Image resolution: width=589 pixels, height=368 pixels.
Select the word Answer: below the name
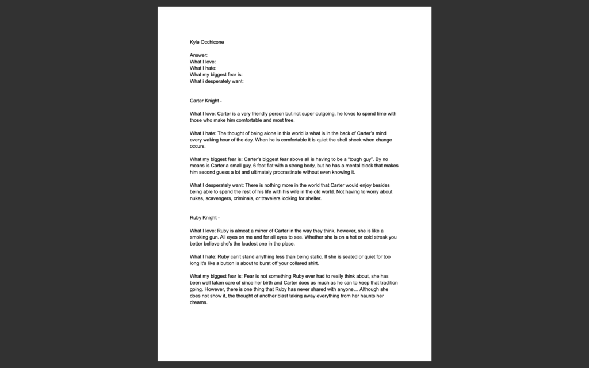point(198,55)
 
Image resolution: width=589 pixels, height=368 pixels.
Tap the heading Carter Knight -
point(206,101)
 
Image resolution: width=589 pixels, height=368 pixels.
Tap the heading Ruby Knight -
point(205,218)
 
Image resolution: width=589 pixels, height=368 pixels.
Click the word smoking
point(202,237)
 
